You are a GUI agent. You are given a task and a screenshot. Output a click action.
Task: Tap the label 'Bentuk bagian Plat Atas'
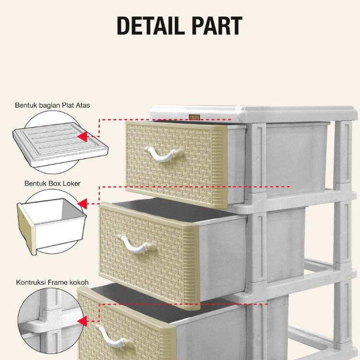(x=52, y=105)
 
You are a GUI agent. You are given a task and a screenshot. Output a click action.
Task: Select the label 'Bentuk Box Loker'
(x=52, y=183)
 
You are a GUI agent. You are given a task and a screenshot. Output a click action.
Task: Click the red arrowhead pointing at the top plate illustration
(x=83, y=137)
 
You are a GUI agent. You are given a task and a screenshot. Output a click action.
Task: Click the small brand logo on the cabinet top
(x=194, y=117)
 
